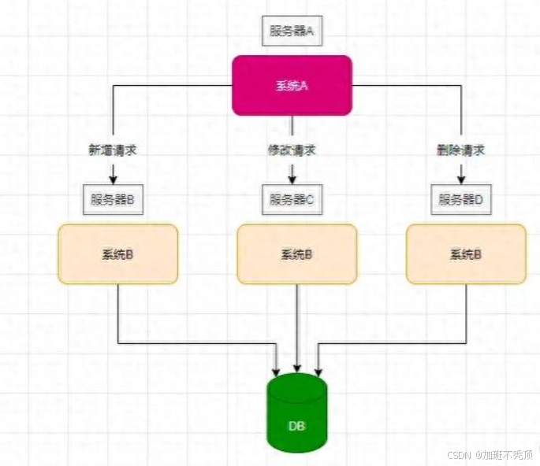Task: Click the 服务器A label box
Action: [292, 31]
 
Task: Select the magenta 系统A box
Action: [292, 85]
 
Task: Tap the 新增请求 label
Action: [113, 150]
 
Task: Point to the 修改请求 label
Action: [292, 150]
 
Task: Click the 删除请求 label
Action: [460, 150]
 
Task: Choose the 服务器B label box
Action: [113, 199]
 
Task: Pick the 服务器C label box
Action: [292, 199]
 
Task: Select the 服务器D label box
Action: [461, 199]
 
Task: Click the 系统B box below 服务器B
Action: [118, 253]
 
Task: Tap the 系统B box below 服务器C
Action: [297, 253]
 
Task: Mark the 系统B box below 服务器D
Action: [466, 253]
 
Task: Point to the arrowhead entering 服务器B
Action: [113, 180]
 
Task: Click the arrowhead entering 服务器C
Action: [292, 180]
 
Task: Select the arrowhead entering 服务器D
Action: [461, 180]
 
